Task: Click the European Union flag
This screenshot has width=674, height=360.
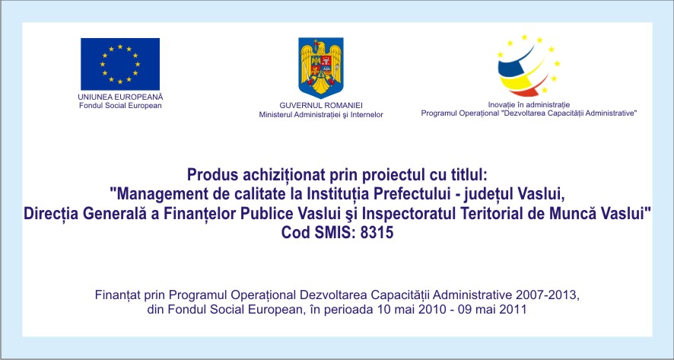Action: coord(120,64)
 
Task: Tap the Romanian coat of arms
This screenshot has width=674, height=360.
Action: coord(321,68)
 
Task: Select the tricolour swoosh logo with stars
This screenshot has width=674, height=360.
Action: coord(528,65)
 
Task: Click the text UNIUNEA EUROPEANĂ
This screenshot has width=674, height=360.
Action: coord(120,97)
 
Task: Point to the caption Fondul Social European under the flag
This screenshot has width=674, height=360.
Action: coord(120,105)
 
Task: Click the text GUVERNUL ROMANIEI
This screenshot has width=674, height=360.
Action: coord(321,105)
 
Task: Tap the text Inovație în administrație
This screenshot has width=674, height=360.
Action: coord(529,104)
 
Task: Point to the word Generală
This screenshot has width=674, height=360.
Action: coord(112,213)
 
